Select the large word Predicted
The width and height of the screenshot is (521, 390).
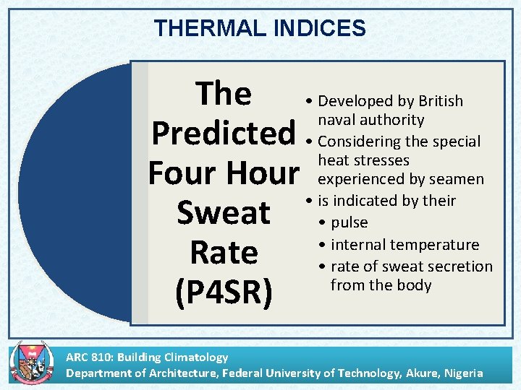(224, 133)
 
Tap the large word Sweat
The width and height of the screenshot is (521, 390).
(224, 213)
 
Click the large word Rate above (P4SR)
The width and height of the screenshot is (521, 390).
(224, 253)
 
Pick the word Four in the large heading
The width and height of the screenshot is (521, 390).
(180, 173)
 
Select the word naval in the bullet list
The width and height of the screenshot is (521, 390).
(341, 120)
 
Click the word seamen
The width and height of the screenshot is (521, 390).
(456, 179)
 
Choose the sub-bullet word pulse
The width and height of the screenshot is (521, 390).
(349, 222)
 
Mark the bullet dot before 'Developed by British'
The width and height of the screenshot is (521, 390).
(309, 101)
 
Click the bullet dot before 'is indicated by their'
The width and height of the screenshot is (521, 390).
(309, 201)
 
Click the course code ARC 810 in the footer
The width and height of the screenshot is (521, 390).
(90, 357)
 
